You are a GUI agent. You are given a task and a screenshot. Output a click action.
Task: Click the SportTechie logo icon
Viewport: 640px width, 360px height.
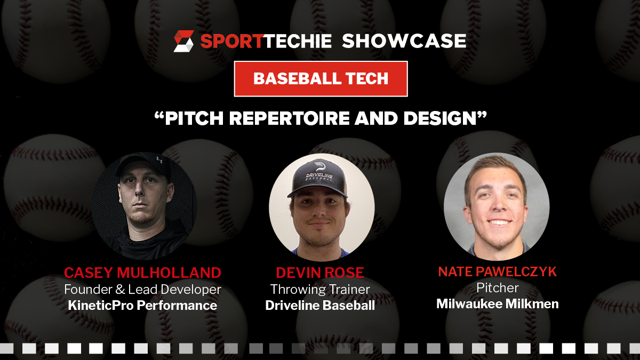click(x=183, y=41)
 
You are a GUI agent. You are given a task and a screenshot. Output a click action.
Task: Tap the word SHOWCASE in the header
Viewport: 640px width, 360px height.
click(x=404, y=41)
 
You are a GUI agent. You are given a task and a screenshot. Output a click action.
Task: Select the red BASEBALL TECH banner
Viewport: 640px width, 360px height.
click(x=321, y=79)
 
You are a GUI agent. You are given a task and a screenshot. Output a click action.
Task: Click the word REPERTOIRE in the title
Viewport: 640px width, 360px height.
click(x=290, y=118)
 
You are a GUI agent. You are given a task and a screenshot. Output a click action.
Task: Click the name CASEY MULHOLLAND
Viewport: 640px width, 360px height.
click(x=142, y=273)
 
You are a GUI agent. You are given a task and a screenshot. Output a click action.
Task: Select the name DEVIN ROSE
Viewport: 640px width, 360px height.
click(x=320, y=273)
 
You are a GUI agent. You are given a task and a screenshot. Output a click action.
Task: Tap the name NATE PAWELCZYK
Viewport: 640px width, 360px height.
click(x=498, y=271)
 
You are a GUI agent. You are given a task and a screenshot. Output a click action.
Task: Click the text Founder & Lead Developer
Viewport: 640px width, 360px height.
click(x=142, y=290)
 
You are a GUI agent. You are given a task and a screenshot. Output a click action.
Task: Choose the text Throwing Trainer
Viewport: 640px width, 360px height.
click(x=320, y=290)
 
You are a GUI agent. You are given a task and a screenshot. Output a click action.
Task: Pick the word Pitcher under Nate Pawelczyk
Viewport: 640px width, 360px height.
click(x=498, y=287)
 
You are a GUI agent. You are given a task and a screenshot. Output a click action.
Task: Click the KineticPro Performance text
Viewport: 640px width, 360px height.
click(x=142, y=306)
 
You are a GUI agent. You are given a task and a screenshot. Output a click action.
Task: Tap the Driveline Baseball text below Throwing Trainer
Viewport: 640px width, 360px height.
click(x=320, y=306)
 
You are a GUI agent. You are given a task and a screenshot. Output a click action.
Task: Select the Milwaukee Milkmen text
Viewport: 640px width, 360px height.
click(x=498, y=303)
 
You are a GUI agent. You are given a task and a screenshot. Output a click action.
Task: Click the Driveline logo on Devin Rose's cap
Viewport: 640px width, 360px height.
click(x=319, y=173)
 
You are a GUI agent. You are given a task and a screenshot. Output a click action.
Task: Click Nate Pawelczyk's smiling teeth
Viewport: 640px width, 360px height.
click(x=499, y=222)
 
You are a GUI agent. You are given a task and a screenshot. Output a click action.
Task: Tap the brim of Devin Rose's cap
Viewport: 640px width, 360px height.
click(x=317, y=193)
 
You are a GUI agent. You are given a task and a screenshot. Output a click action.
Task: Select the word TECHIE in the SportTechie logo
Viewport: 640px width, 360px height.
click(x=297, y=41)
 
